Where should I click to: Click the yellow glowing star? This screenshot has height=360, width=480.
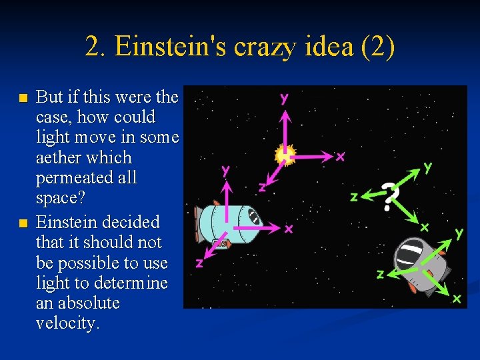(285, 155)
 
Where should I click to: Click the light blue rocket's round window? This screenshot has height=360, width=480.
(254, 216)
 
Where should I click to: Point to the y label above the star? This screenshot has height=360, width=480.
(285, 98)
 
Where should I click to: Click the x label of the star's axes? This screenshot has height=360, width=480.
(341, 157)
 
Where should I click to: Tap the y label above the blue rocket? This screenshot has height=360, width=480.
(227, 170)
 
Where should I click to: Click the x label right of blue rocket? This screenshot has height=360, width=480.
(289, 229)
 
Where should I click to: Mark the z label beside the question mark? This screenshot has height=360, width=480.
(354, 196)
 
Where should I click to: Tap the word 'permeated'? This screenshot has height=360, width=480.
(86, 178)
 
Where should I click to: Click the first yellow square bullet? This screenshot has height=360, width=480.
(23, 98)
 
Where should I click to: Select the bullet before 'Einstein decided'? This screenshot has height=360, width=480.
(23, 222)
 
